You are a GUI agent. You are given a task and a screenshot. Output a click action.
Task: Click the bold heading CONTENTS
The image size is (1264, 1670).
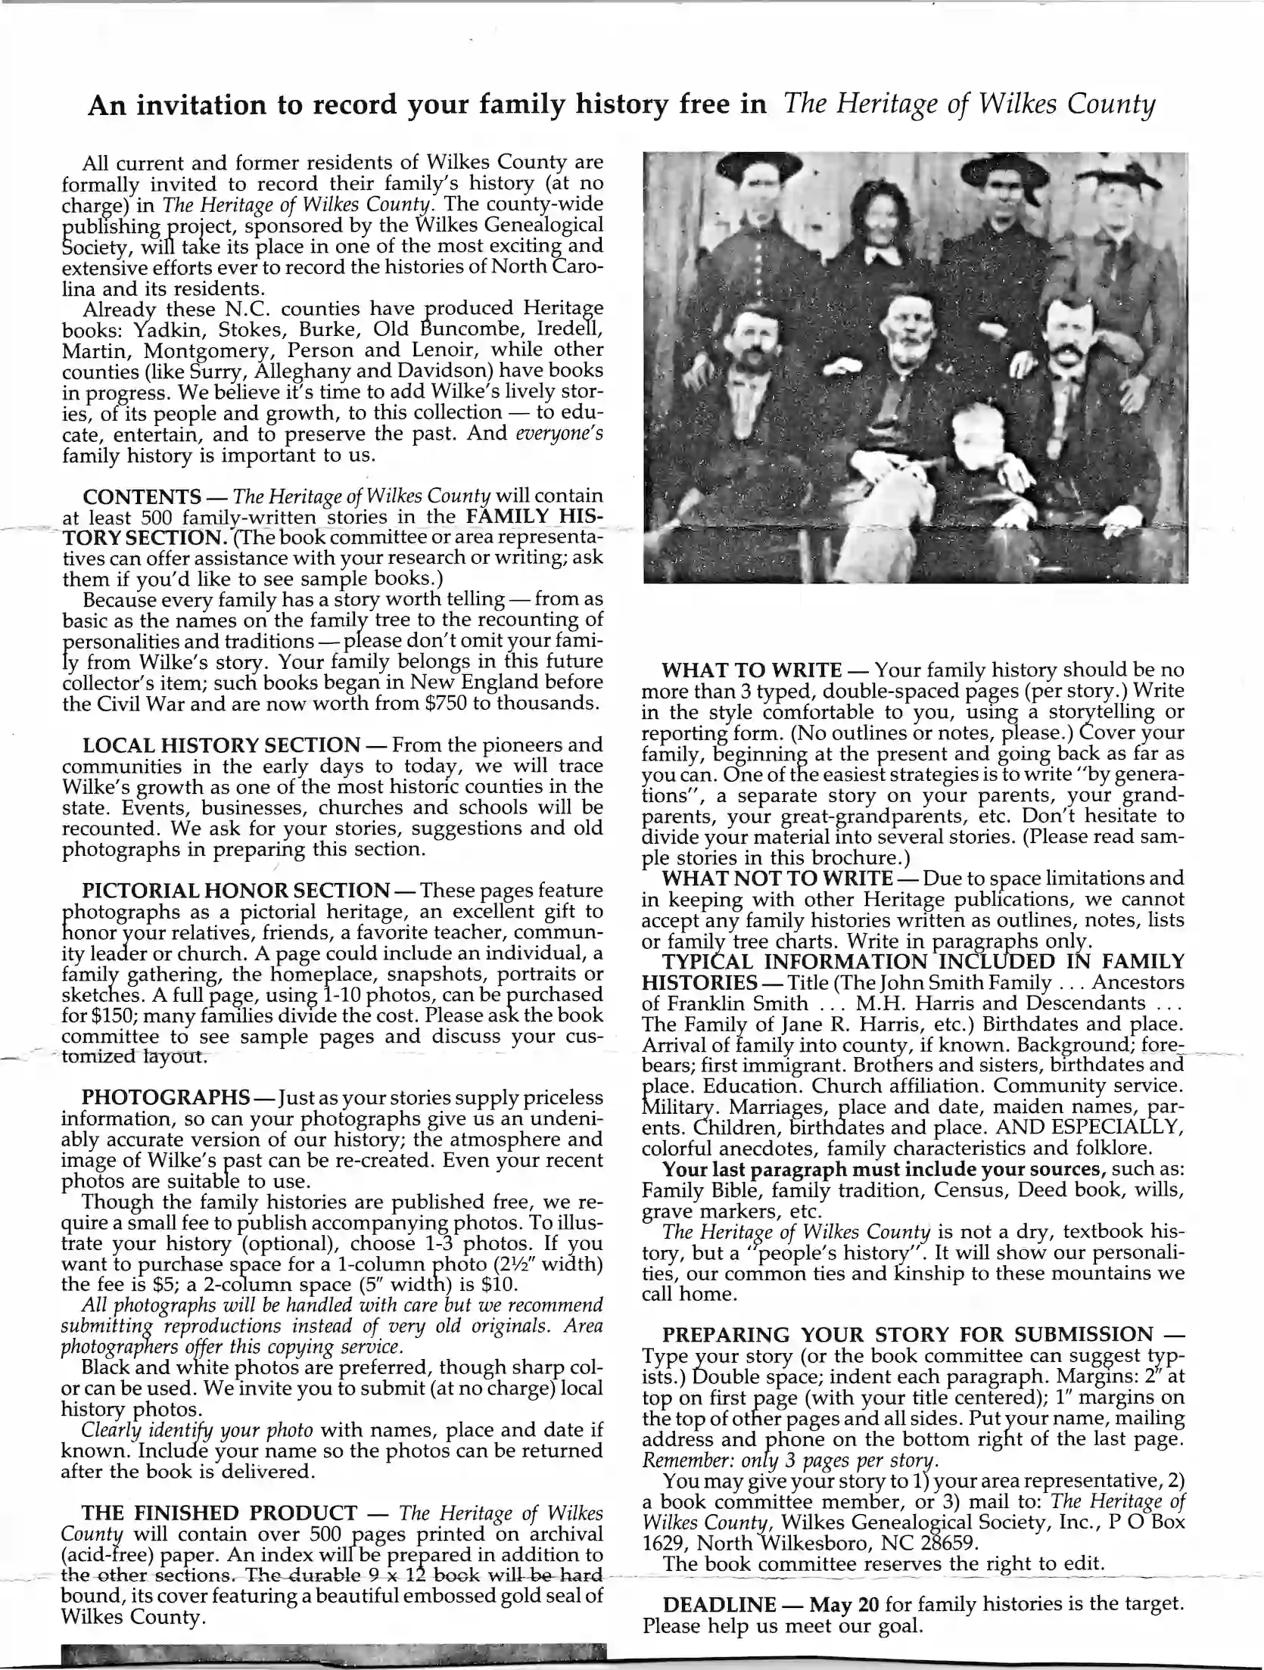tap(142, 497)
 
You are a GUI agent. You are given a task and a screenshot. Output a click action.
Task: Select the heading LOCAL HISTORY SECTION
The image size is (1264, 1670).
tap(221, 745)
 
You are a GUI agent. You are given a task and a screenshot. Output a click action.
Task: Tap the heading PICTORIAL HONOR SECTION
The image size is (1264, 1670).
tap(235, 891)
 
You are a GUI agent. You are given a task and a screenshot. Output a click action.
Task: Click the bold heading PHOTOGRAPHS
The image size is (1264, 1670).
tap(166, 1097)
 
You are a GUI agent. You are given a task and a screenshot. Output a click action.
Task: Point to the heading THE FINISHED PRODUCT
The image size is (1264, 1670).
tap(219, 1513)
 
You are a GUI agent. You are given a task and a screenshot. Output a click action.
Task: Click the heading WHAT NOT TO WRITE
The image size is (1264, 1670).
tap(777, 879)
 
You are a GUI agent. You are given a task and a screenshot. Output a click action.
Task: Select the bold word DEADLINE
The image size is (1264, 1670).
tap(719, 1604)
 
